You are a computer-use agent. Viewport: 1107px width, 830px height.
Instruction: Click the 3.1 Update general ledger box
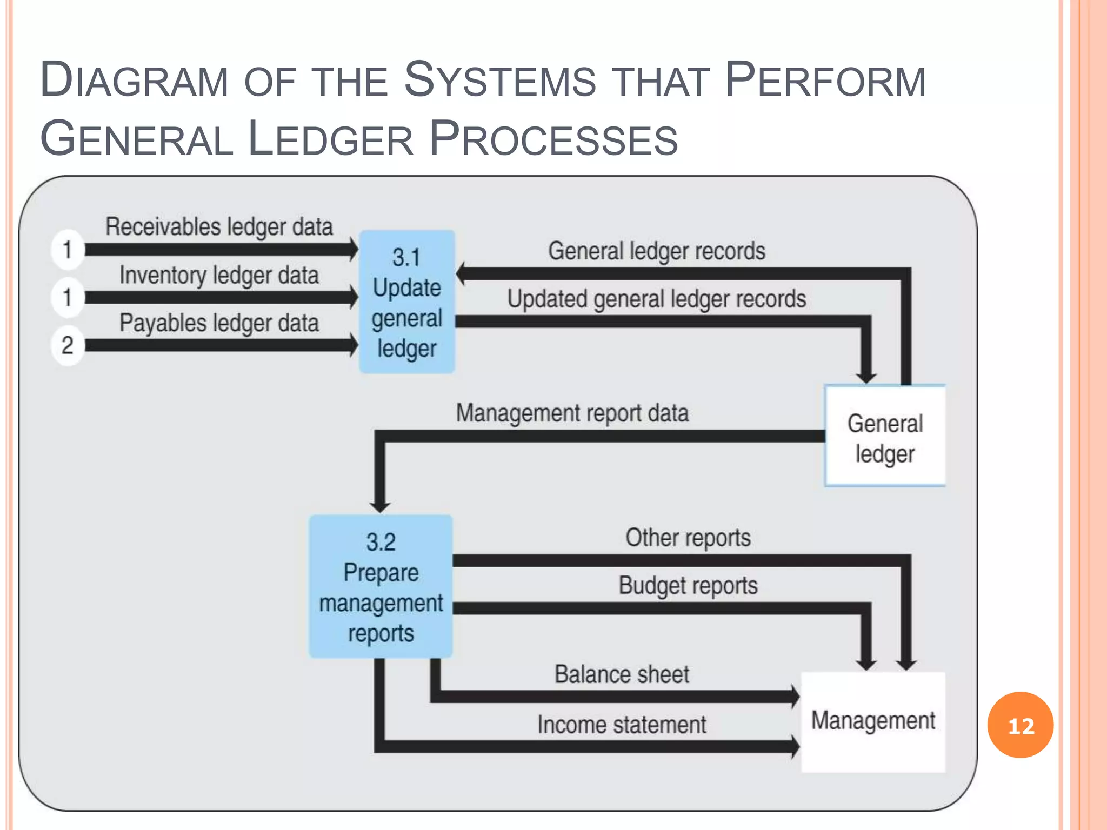coord(406,302)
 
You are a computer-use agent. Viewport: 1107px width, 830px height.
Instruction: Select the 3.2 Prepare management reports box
coord(381,587)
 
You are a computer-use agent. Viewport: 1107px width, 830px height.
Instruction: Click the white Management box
coord(873,722)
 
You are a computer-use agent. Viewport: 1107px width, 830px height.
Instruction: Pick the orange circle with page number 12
coord(1020,725)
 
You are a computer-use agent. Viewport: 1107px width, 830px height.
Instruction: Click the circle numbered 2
coord(68,345)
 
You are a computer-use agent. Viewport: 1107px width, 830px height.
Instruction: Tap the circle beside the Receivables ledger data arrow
coord(68,250)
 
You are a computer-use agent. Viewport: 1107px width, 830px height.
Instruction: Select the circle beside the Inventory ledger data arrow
coord(68,297)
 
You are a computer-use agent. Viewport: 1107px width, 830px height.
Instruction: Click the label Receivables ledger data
coord(219,227)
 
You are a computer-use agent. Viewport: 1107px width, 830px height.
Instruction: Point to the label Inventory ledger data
coord(219,276)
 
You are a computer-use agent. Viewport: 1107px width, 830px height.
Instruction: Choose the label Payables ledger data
coord(219,323)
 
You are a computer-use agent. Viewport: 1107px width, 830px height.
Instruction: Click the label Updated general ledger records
coord(656,299)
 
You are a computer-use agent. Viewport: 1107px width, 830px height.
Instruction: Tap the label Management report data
coord(572,413)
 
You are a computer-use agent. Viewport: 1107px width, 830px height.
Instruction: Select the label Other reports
coord(688,538)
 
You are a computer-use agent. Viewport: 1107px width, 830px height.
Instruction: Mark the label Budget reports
coord(688,586)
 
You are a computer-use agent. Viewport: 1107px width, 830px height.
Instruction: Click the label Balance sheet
coord(622,674)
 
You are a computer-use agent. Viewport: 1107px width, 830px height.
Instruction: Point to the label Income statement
coord(622,725)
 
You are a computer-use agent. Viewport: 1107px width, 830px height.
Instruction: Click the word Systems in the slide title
coord(499,81)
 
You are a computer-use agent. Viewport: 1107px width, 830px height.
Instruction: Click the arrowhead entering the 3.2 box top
coord(380,506)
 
